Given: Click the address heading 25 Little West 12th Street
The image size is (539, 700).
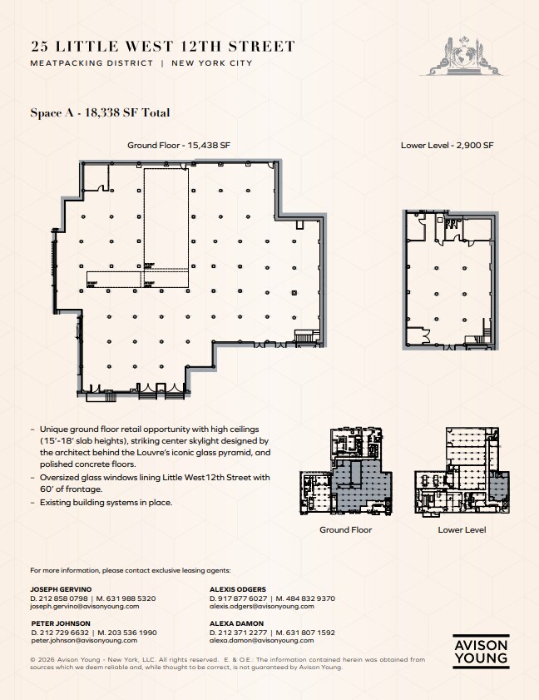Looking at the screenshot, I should pyautogui.click(x=162, y=47).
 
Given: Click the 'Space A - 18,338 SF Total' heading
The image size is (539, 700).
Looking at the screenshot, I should pyautogui.click(x=100, y=113).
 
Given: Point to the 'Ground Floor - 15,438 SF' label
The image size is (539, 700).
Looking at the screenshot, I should pyautogui.click(x=178, y=145).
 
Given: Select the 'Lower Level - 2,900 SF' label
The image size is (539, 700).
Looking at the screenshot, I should pyautogui.click(x=447, y=145).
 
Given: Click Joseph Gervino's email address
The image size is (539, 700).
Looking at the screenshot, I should pyautogui.click(x=84, y=607).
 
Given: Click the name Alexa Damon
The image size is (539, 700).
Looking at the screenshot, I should pyautogui.click(x=236, y=623).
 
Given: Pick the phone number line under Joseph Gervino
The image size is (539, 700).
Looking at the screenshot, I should pyautogui.click(x=92, y=598).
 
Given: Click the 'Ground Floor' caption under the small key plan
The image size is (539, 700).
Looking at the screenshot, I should pyautogui.click(x=345, y=529).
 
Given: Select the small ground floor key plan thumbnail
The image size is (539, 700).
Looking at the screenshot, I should pyautogui.click(x=345, y=474).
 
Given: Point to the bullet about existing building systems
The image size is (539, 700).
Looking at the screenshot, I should pyautogui.click(x=105, y=503).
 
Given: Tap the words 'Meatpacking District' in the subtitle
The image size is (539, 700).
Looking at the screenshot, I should pyautogui.click(x=91, y=63).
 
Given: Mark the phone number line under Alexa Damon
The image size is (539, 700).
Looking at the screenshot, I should pyautogui.click(x=272, y=633).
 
